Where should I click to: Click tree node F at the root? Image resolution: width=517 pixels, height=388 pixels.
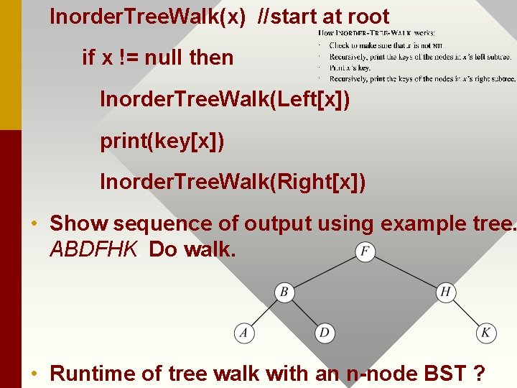(365, 252)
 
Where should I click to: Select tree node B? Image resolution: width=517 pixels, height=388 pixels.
(284, 292)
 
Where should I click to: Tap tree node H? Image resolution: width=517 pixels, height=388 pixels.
(446, 292)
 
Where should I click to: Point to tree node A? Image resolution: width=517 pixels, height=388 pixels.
(244, 333)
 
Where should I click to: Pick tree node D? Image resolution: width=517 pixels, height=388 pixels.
(325, 333)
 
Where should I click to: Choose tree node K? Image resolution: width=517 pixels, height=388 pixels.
(486, 333)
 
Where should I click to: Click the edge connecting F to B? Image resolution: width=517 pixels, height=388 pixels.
(325, 272)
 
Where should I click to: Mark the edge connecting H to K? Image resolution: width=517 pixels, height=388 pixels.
(466, 313)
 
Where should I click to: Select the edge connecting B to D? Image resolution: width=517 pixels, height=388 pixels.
(304, 313)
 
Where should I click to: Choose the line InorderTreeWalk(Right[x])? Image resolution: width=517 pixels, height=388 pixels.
(233, 183)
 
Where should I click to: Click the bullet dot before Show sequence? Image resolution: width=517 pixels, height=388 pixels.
(34, 224)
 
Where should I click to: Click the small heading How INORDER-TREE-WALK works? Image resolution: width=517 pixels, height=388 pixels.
(376, 32)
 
